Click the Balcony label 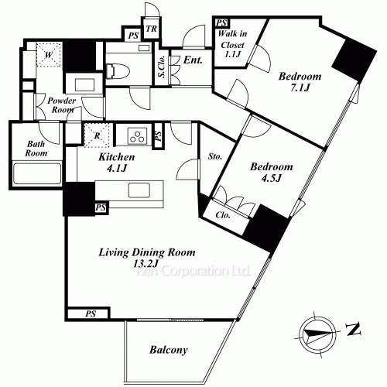point(169,350)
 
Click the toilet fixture point(118,70)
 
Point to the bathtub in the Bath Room point(37,173)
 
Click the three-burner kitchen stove point(137,136)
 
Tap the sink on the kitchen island point(139,190)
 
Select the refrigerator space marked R point(97,135)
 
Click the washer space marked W point(49,55)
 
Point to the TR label point(151,29)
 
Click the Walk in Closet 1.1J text point(232,44)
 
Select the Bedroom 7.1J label point(300,82)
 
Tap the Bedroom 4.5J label point(272,172)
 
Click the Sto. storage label point(215,156)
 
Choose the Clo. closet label point(223,215)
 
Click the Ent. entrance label point(193,60)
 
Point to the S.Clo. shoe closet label point(162,67)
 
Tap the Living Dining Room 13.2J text point(147,258)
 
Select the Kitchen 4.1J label point(117,163)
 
